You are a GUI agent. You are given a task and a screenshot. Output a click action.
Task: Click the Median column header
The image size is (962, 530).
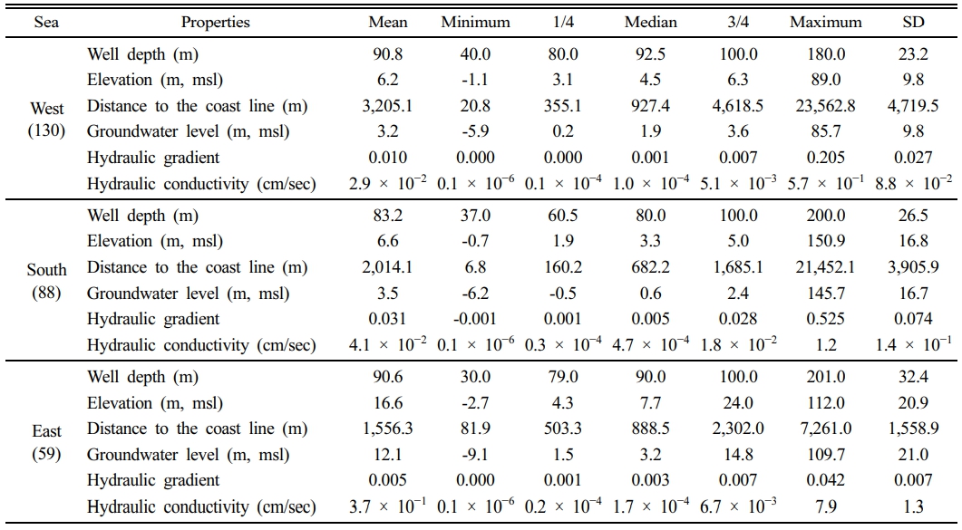tap(651, 22)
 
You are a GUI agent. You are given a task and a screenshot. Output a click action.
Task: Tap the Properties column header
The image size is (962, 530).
tap(215, 22)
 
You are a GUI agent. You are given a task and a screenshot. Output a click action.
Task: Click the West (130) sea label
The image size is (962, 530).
tap(46, 119)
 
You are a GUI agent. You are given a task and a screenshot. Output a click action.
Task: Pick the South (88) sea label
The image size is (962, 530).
tap(46, 281)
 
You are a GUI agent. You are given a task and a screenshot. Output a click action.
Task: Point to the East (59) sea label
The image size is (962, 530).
tap(46, 442)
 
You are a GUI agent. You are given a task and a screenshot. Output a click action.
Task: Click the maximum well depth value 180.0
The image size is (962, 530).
tap(820, 54)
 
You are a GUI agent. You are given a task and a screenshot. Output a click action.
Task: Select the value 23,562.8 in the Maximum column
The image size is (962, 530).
tap(820, 106)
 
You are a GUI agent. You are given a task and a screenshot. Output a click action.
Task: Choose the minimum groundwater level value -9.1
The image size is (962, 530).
tap(475, 455)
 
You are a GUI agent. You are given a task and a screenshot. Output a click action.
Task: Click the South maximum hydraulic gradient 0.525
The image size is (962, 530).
tap(820, 319)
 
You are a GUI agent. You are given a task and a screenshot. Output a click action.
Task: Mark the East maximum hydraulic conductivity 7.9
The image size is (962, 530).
tap(820, 506)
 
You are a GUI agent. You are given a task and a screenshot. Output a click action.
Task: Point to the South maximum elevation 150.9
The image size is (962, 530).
tap(820, 241)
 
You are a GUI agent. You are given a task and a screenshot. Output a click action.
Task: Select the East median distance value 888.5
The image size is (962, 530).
tap(651, 429)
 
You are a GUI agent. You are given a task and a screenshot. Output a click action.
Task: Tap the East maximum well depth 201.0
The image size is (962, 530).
tap(820, 377)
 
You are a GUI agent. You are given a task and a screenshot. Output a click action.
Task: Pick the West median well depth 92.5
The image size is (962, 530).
tap(651, 54)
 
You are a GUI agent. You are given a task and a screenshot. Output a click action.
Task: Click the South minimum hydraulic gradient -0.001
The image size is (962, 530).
tap(475, 319)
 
